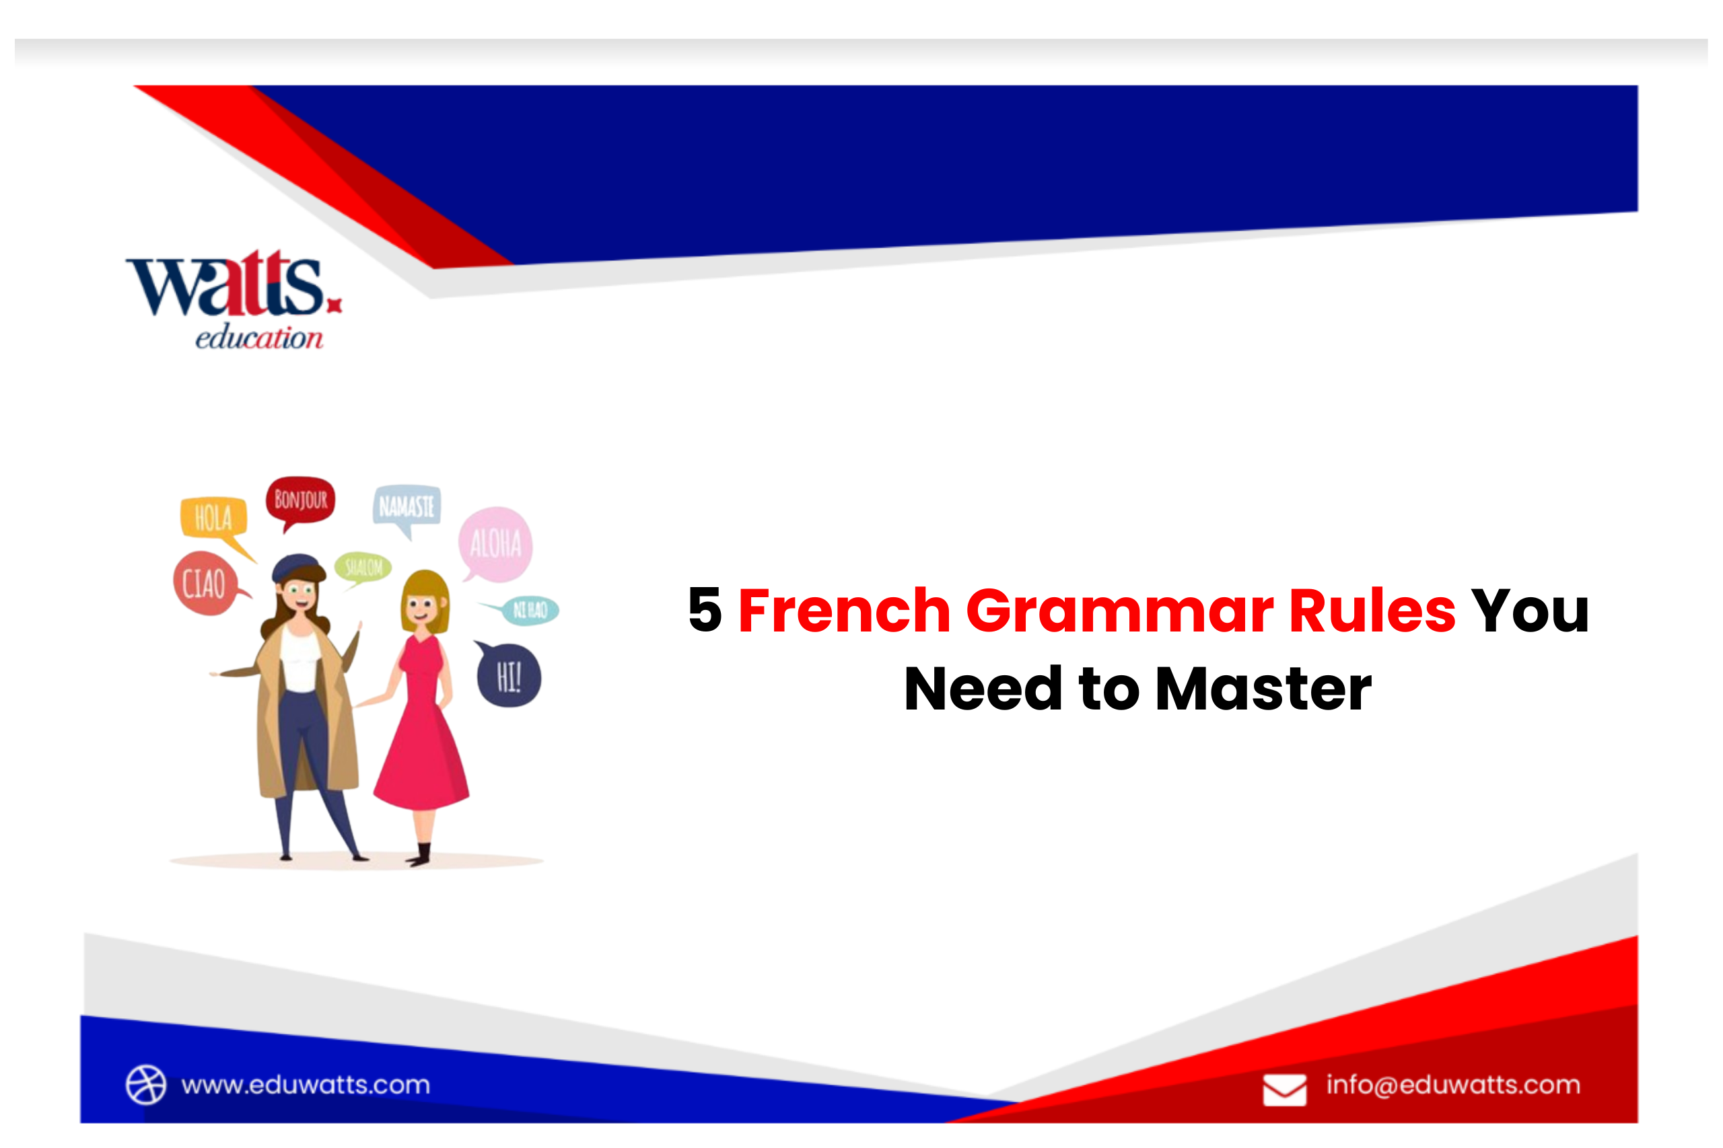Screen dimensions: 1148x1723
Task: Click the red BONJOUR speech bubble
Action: [x=300, y=500]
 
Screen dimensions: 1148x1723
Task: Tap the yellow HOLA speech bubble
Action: [x=213, y=517]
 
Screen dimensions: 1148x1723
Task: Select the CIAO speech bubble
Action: [x=205, y=584]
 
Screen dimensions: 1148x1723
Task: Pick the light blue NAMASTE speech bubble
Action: [x=407, y=506]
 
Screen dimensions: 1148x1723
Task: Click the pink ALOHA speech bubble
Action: [x=495, y=544]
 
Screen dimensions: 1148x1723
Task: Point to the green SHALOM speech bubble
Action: [x=363, y=567]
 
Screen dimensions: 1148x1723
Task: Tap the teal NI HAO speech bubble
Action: [x=530, y=610]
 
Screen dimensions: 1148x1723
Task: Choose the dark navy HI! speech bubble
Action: [x=509, y=676]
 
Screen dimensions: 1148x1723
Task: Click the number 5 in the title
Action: [x=705, y=610]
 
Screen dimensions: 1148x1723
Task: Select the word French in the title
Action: [x=844, y=610]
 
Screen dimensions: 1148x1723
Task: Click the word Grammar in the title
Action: [x=1119, y=610]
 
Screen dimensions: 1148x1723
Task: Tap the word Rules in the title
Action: [x=1372, y=610]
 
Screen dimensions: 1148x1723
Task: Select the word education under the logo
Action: [x=258, y=338]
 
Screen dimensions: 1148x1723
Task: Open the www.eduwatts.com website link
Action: [x=306, y=1084]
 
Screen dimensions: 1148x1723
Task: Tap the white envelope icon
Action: [x=1284, y=1089]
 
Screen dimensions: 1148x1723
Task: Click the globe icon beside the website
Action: [x=146, y=1084]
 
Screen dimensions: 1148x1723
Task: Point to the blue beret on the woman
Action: [x=297, y=567]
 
